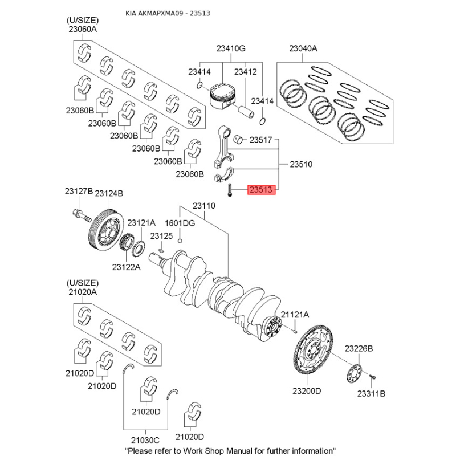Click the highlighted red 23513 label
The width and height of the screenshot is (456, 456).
pyautogui.click(x=262, y=190)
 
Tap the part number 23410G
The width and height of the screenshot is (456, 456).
pyautogui.click(x=230, y=49)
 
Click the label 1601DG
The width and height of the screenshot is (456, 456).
pyautogui.click(x=180, y=223)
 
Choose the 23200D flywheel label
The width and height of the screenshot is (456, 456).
pyautogui.click(x=307, y=391)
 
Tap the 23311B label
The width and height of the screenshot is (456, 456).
pyautogui.click(x=372, y=393)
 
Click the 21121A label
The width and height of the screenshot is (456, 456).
pyautogui.click(x=295, y=315)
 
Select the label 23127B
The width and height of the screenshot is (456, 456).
pyautogui.click(x=78, y=192)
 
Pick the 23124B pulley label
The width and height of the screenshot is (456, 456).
pyautogui.click(x=109, y=194)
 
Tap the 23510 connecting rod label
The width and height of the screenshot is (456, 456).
pyautogui.click(x=302, y=164)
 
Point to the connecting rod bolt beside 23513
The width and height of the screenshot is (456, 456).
pyautogui.click(x=228, y=190)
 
